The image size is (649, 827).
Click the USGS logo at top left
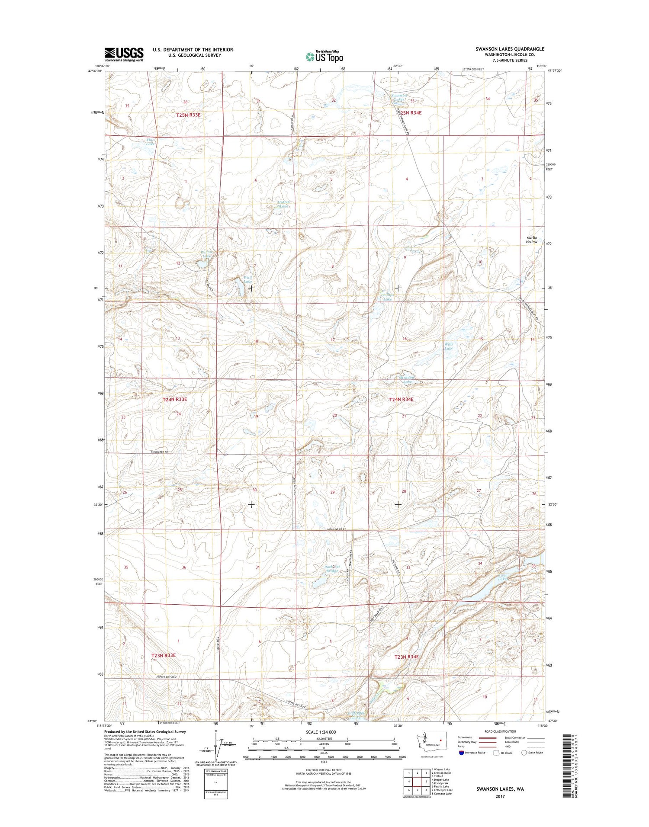click(124, 54)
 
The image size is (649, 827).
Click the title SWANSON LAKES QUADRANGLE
click(510, 49)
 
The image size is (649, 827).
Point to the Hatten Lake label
click(283, 204)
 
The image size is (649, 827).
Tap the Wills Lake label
click(448, 346)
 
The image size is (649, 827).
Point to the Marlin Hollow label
click(531, 240)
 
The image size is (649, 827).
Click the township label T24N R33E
click(175, 400)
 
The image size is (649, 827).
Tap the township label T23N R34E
click(407, 657)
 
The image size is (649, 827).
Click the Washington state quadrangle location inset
click(431, 740)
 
